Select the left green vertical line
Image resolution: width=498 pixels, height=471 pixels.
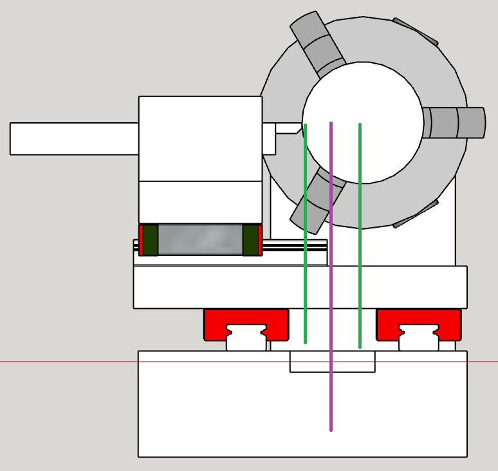[x=305, y=257]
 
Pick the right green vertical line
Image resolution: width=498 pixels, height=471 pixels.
[x=360, y=257]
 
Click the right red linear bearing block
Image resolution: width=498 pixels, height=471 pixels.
[x=419, y=318]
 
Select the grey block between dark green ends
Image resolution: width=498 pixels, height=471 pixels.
[x=200, y=239]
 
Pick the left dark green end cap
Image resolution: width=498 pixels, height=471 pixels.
[x=150, y=239]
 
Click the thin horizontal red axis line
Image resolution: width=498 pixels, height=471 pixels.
[x=64, y=362]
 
